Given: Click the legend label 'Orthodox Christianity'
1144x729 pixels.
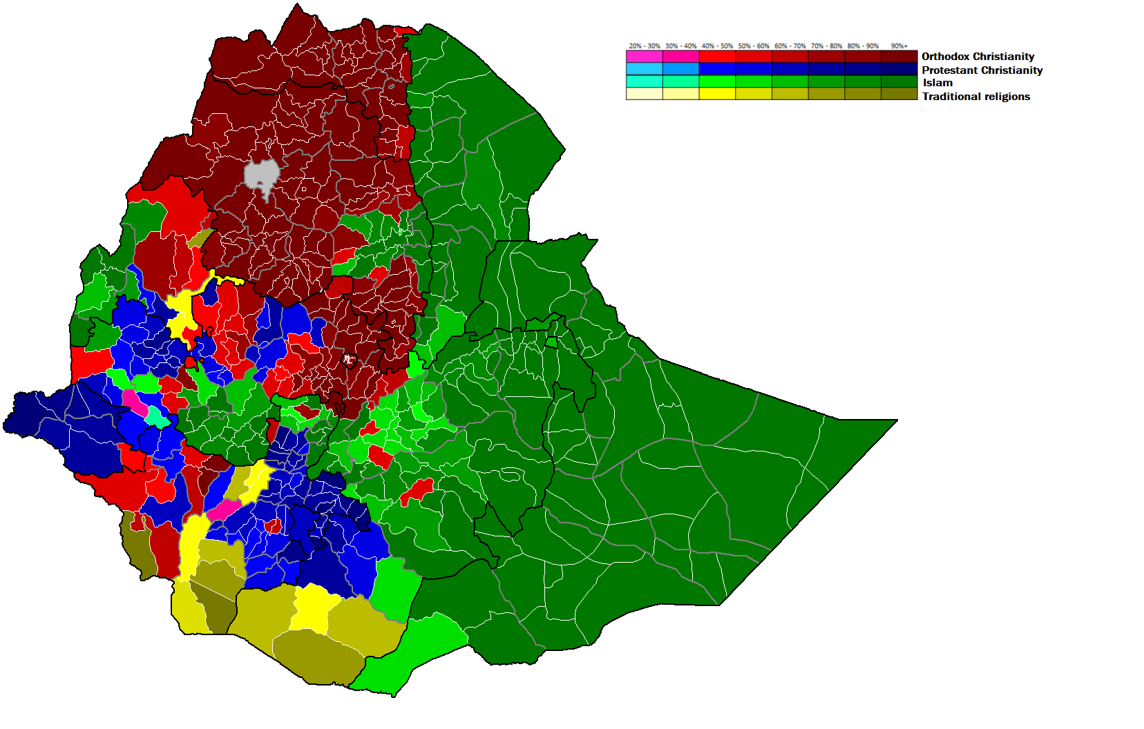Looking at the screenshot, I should pyautogui.click(x=978, y=57).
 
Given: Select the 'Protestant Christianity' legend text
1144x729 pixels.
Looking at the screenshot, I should pyautogui.click(x=982, y=70).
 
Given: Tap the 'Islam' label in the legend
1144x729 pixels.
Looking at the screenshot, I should pyautogui.click(x=937, y=83).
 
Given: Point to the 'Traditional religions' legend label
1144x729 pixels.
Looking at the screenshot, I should pyautogui.click(x=975, y=97).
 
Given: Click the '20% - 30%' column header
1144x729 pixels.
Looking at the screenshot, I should pyautogui.click(x=645, y=46).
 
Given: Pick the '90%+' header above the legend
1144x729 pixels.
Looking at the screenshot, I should pyautogui.click(x=899, y=46).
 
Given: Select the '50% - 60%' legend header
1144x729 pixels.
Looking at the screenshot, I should pyautogui.click(x=753, y=46).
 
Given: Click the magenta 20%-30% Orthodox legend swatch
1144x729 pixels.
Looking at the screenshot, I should pyautogui.click(x=645, y=57).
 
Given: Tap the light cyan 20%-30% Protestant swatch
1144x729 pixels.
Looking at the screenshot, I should pyautogui.click(x=645, y=69).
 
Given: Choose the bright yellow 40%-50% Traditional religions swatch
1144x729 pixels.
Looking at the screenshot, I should pyautogui.click(x=717, y=94).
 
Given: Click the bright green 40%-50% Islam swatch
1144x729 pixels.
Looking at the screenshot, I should pyautogui.click(x=717, y=81).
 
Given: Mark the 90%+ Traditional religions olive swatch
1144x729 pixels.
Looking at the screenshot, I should pyautogui.click(x=899, y=94).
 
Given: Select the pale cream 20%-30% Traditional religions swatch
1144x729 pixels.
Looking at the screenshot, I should pyautogui.click(x=645, y=94).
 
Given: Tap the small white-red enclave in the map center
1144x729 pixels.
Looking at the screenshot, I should pyautogui.click(x=349, y=359).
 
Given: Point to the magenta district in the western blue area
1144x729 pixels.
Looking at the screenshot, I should pyautogui.click(x=135, y=402).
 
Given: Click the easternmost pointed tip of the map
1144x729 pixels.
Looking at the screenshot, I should pyautogui.click(x=895, y=420).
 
